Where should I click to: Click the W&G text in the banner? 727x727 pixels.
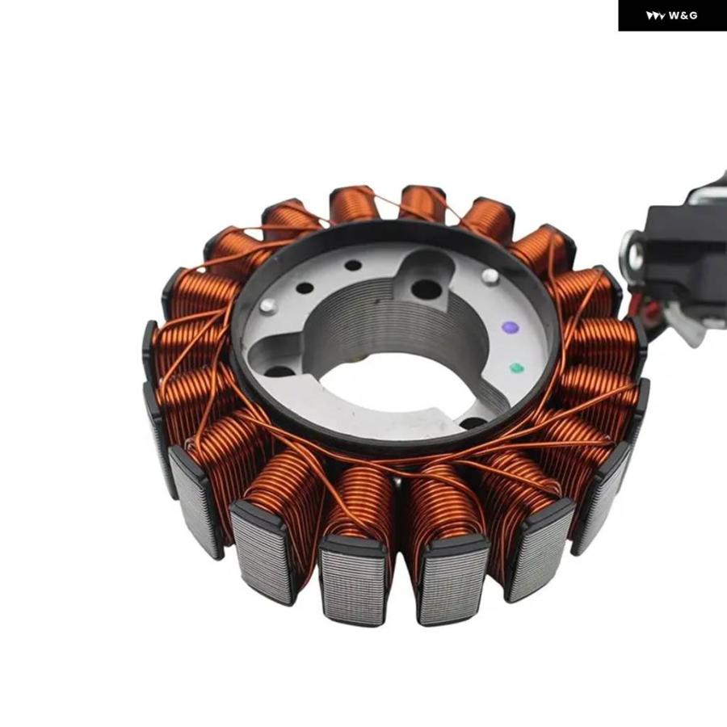683,16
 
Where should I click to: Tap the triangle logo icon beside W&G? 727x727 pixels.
656,16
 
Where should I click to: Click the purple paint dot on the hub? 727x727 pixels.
510,328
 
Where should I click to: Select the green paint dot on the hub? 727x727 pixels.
516,368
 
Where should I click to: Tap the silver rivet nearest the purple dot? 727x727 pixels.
490,277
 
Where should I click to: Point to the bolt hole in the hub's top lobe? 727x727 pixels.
426,289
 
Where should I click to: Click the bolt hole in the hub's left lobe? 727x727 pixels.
278,372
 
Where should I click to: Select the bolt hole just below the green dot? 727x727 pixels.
473,422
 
